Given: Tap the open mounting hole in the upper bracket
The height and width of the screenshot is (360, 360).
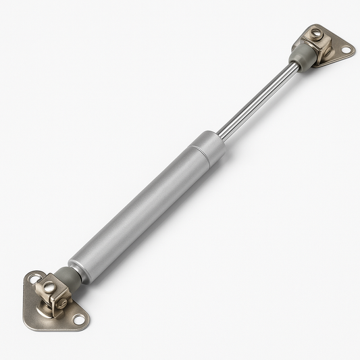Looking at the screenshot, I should [x=346, y=50].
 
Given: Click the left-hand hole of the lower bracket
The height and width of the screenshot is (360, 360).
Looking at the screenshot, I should [x=34, y=278].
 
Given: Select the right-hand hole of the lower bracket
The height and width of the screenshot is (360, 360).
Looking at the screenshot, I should [x=78, y=319].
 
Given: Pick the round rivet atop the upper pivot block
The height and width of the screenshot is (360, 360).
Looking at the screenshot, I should [x=315, y=32].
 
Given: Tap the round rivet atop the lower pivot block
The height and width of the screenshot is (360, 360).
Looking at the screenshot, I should [x=49, y=286].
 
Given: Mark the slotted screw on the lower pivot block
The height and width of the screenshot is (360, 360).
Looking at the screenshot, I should [x=61, y=303].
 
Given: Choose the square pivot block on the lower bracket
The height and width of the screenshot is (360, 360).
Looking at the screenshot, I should [x=54, y=294].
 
